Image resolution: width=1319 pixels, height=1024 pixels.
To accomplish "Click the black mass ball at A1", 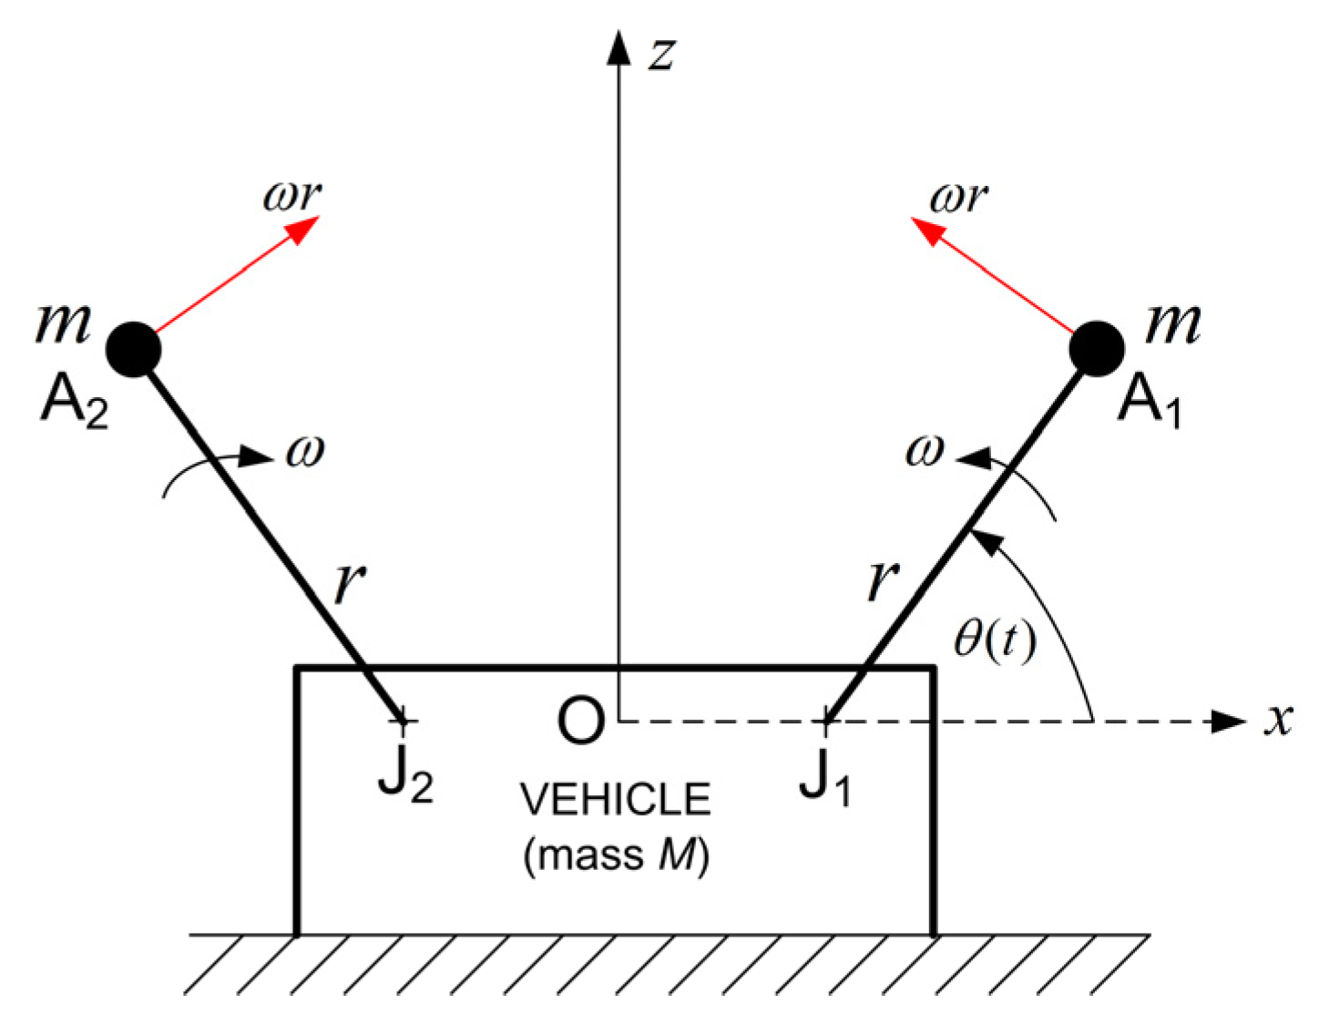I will pyautogui.click(x=1096, y=348).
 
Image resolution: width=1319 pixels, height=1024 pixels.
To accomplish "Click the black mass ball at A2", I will pyautogui.click(x=134, y=349).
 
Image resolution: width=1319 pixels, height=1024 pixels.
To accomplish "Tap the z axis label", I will pyautogui.click(x=662, y=52).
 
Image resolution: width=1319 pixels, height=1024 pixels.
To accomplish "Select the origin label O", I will pyautogui.click(x=580, y=722).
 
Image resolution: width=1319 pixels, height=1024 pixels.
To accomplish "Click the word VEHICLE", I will pyautogui.click(x=616, y=800).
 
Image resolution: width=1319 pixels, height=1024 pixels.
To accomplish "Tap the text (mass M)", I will pyautogui.click(x=616, y=855).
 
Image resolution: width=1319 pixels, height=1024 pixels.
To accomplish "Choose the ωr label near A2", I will pyautogui.click(x=291, y=195).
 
